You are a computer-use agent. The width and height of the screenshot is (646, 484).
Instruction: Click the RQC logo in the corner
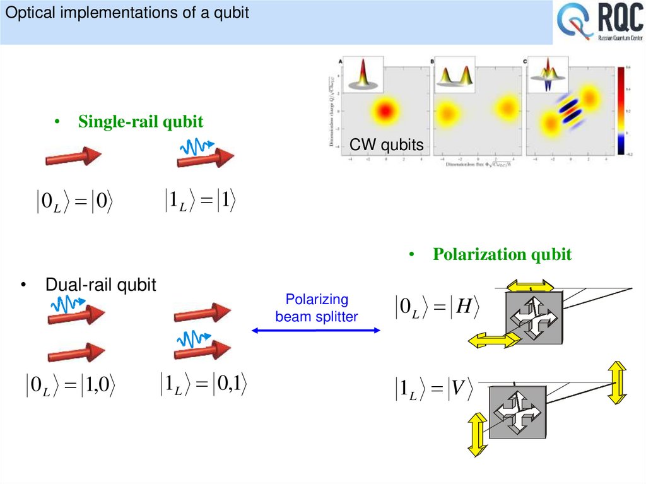[x=599, y=23]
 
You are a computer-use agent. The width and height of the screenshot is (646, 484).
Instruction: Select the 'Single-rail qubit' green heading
[x=140, y=122]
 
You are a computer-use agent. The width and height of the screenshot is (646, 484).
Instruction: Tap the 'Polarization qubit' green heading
[x=502, y=254]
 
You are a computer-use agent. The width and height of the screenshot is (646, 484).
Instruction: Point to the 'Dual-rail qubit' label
[x=100, y=285]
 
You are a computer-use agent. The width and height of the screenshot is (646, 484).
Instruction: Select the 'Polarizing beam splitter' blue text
[x=316, y=308]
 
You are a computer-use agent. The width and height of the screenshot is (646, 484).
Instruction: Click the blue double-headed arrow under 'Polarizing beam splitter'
[x=316, y=330]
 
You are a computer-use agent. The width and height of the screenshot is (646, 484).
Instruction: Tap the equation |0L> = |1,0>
[x=71, y=385]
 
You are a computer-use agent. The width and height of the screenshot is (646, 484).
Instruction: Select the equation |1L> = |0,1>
[x=202, y=384]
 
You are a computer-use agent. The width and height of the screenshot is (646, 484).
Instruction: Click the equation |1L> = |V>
[x=435, y=390]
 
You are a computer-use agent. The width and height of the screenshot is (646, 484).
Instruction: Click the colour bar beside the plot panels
[x=620, y=110]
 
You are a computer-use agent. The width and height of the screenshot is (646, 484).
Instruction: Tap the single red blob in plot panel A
[x=384, y=111]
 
